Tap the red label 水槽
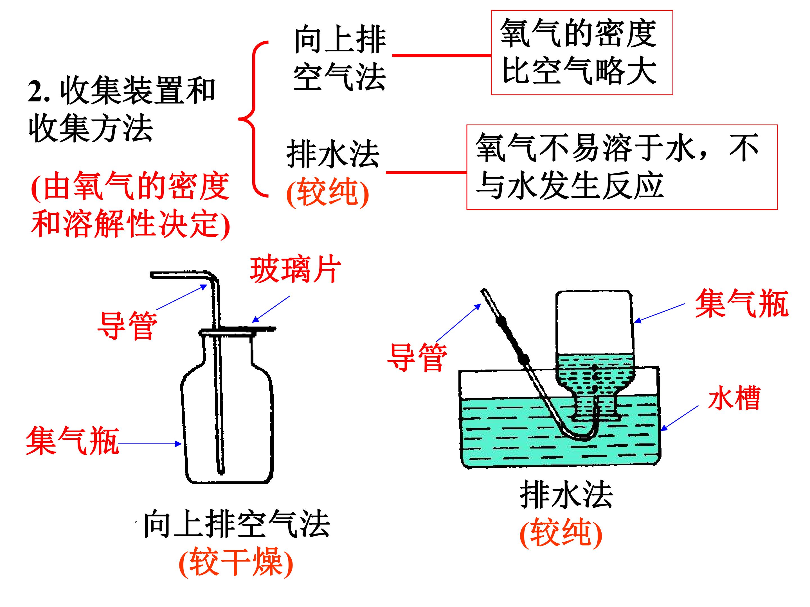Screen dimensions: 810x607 (734, 398)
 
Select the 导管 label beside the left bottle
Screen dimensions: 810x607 (127, 325)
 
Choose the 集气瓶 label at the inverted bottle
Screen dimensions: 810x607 (742, 303)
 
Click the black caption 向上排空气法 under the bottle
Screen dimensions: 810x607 (237, 524)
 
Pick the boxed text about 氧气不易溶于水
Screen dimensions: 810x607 (617, 166)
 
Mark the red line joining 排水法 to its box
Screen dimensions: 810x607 (426, 172)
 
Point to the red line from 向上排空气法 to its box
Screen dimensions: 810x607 (442, 55)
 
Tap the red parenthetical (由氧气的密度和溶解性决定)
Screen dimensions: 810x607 (131, 205)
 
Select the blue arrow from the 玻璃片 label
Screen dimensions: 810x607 (271, 309)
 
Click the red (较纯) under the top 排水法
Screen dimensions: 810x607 (327, 192)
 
